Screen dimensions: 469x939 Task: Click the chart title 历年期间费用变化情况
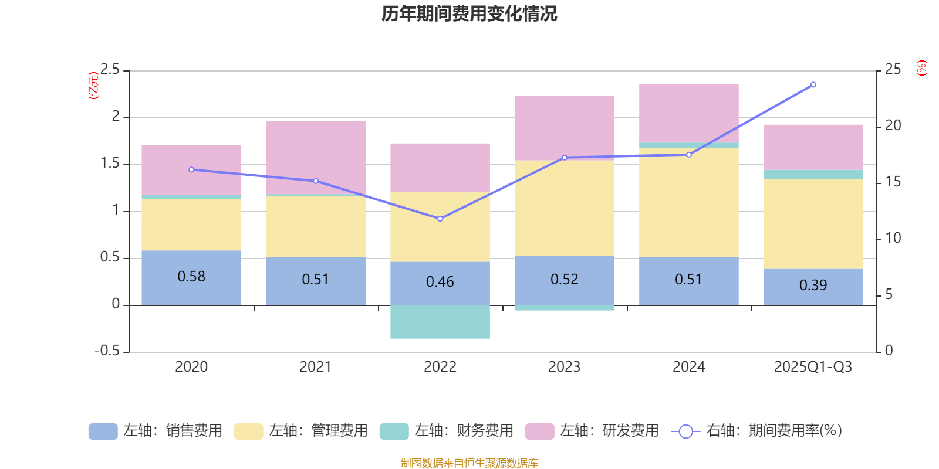(x=469, y=13)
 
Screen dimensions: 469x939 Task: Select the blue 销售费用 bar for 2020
(x=191, y=290)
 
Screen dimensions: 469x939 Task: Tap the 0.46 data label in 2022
(x=440, y=282)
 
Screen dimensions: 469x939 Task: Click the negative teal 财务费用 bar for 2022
(x=440, y=322)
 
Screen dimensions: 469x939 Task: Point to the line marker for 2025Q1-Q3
(x=813, y=85)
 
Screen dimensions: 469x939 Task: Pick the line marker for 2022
(x=440, y=219)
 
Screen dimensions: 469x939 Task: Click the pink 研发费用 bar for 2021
(x=316, y=155)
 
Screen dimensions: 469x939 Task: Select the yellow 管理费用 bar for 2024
(x=688, y=202)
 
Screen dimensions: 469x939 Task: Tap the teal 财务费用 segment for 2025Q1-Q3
(x=813, y=175)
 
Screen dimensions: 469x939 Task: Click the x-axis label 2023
(x=564, y=367)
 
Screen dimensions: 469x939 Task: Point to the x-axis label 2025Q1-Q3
(x=813, y=367)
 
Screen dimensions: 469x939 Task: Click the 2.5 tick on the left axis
(x=110, y=70)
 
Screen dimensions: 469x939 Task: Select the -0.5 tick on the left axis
(x=107, y=351)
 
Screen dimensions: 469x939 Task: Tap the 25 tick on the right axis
(x=893, y=70)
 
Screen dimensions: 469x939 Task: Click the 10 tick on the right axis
(x=893, y=238)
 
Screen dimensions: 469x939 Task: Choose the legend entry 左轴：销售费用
(x=156, y=431)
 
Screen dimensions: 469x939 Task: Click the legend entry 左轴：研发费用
(x=592, y=431)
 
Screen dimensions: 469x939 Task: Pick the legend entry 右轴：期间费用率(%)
(x=757, y=431)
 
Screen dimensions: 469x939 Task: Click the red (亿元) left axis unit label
(x=93, y=86)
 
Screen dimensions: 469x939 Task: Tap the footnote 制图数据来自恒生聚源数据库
(x=469, y=463)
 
